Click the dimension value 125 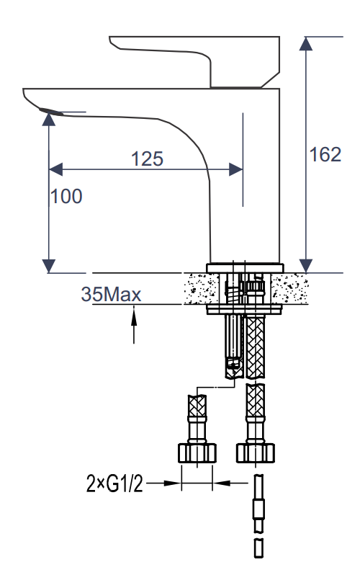click(x=148, y=158)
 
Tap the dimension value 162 click(x=325, y=154)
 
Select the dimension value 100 click(x=66, y=195)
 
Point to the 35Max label click(x=111, y=294)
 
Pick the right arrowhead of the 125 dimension click(x=235, y=169)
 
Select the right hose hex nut click(x=256, y=452)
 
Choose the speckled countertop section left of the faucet click(x=194, y=289)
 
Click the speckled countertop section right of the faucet click(x=295, y=289)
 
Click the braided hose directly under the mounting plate click(x=256, y=346)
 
